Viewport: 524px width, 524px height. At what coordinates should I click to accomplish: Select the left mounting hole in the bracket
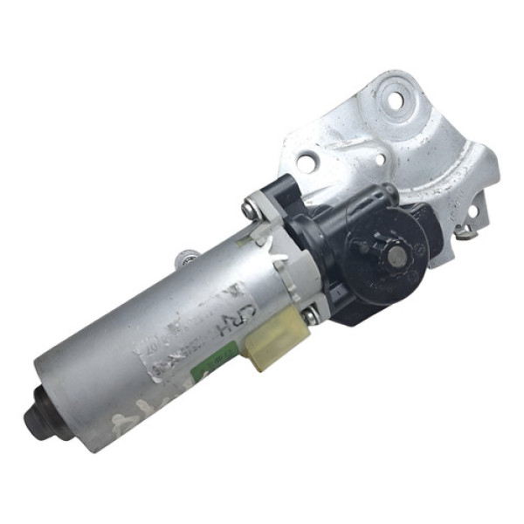click(306, 162)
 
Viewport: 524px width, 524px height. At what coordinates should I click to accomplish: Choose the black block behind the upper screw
click(278, 194)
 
